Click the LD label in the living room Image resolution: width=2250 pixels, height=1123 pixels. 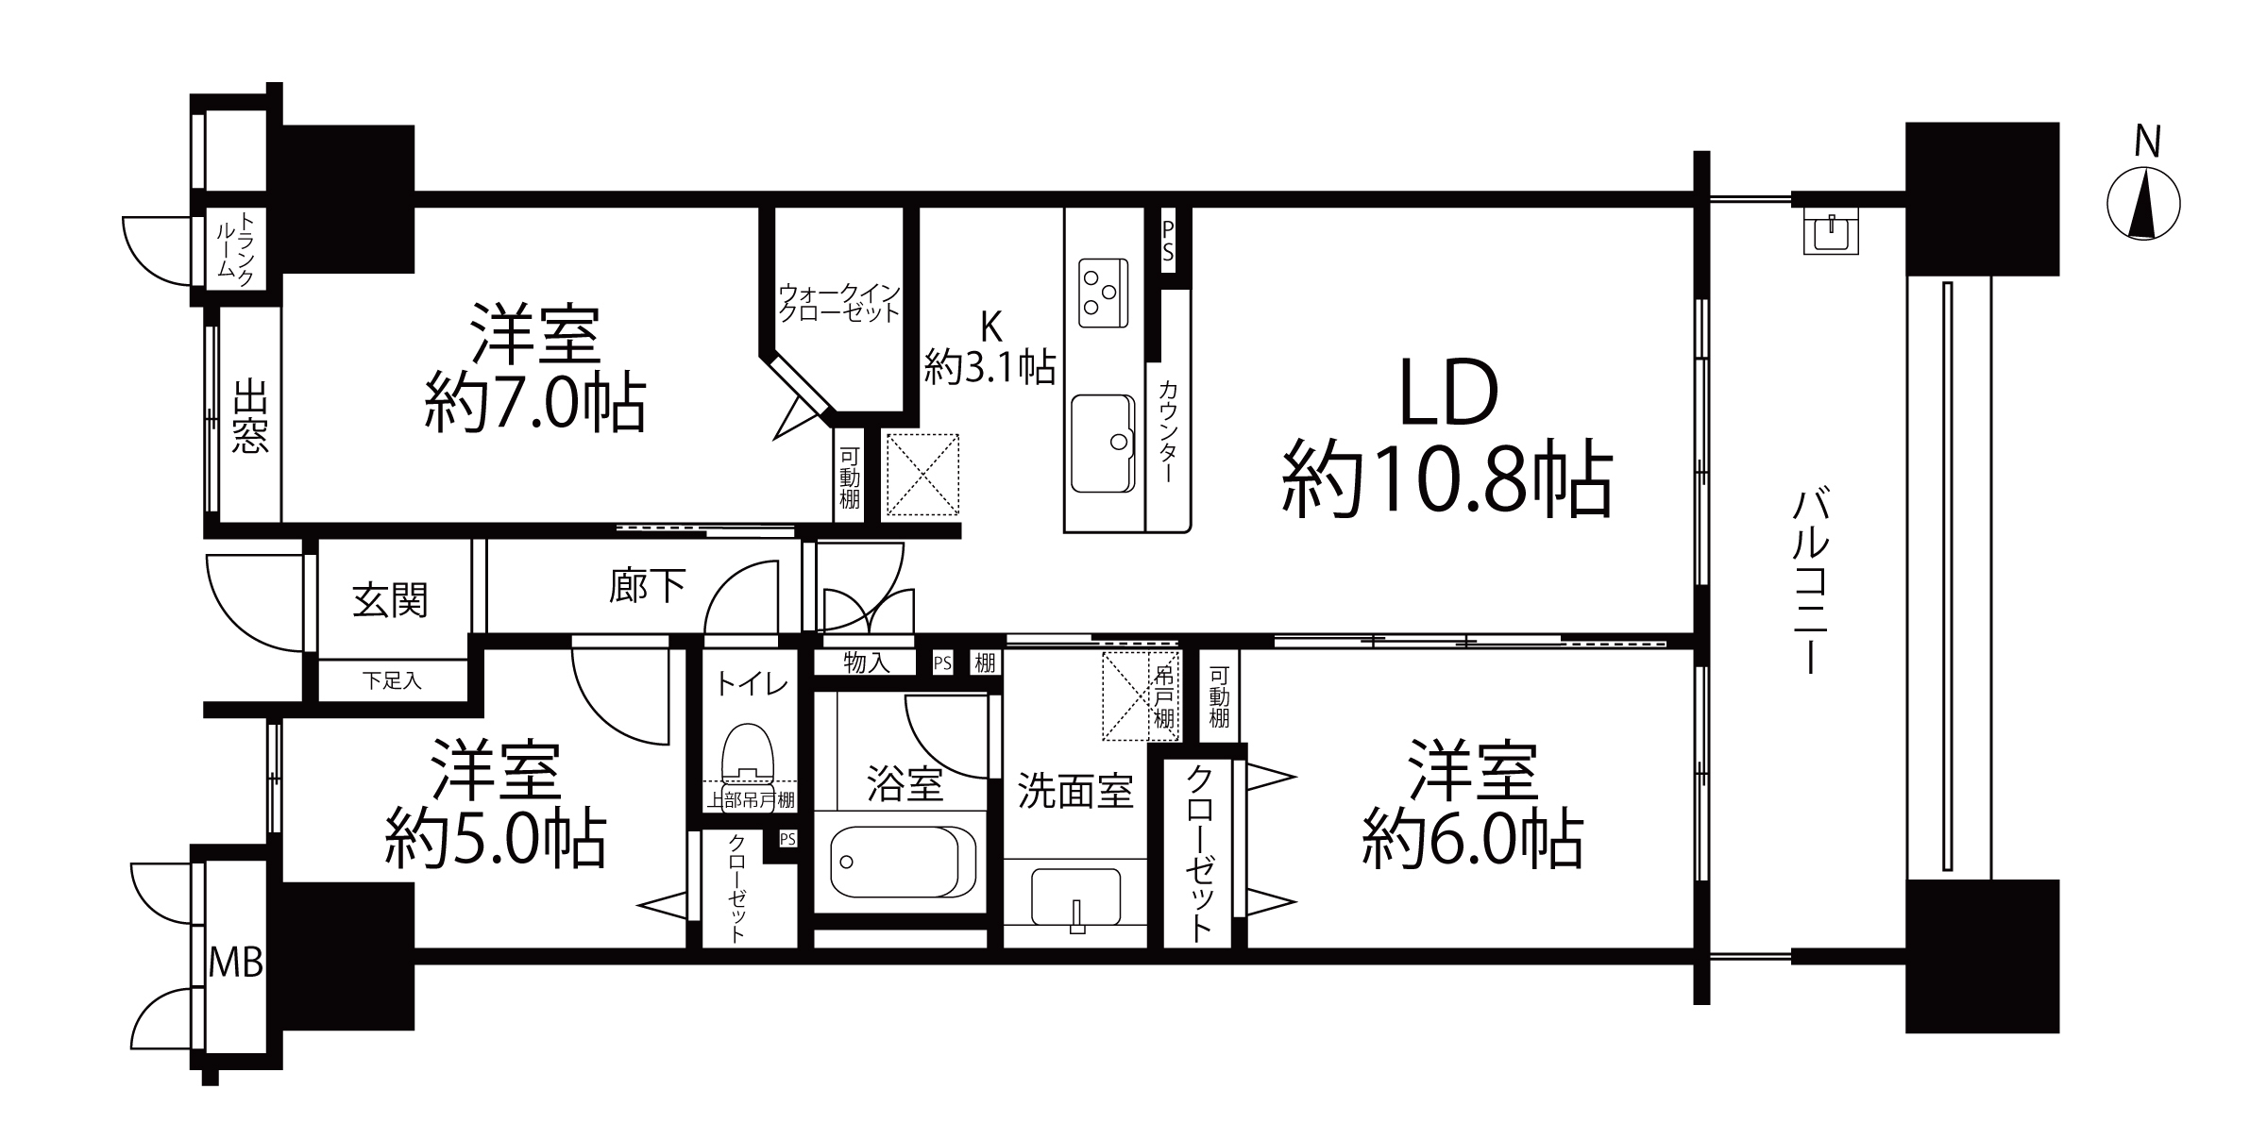(x=1448, y=394)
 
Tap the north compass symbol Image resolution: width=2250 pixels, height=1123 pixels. (x=2143, y=203)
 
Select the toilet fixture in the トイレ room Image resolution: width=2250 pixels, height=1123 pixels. (x=748, y=752)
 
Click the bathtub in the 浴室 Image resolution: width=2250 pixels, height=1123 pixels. (x=903, y=863)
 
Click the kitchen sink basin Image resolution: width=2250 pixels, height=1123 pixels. (x=1104, y=443)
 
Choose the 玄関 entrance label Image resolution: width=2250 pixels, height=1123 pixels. (x=390, y=600)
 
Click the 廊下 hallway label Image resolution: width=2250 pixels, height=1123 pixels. (x=647, y=586)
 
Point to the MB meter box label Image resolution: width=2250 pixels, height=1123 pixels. (x=235, y=964)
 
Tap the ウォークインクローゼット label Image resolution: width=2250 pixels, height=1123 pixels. (x=838, y=302)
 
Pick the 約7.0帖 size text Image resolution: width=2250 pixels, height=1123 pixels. (x=535, y=402)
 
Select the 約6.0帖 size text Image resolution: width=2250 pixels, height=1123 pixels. (x=1472, y=838)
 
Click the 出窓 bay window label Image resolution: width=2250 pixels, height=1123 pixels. (x=250, y=415)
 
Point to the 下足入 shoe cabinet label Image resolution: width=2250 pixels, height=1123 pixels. (x=392, y=679)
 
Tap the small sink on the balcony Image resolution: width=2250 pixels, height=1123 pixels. (x=1831, y=233)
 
